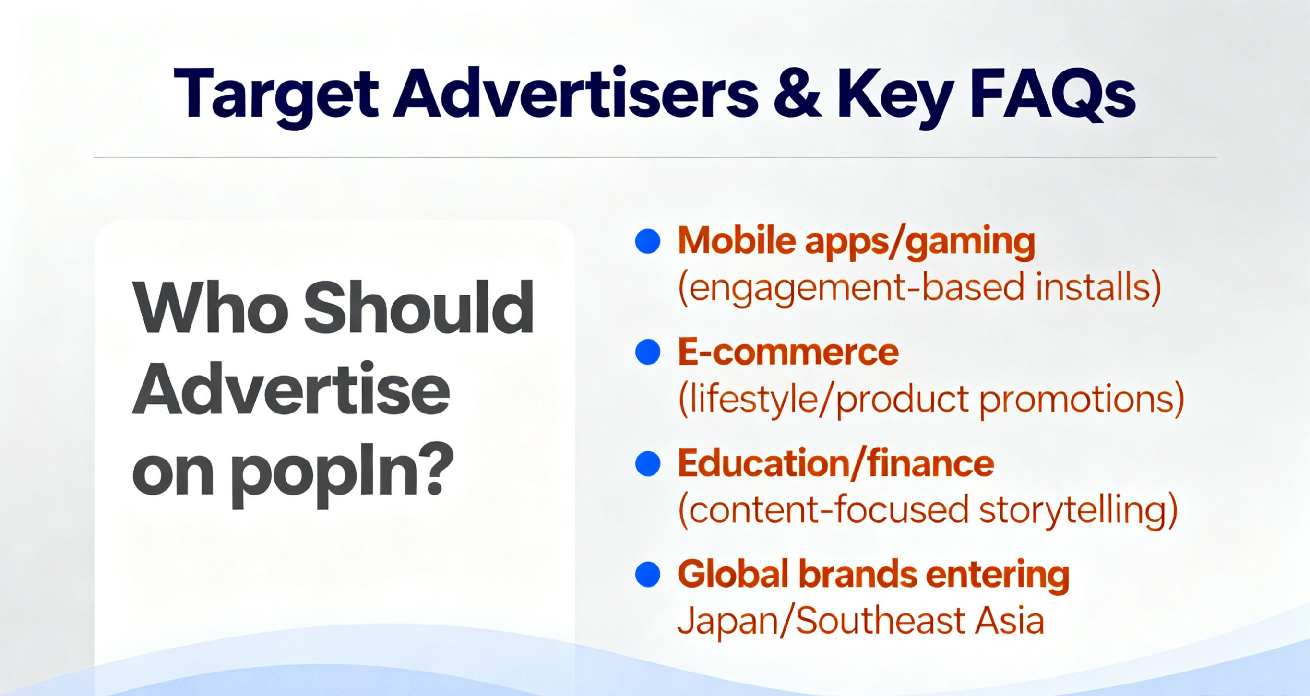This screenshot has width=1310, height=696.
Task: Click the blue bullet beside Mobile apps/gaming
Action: [648, 241]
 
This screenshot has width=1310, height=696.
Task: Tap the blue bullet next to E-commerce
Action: [648, 352]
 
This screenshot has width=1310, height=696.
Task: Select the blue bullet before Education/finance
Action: [648, 464]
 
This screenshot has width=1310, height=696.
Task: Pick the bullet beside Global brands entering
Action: [648, 575]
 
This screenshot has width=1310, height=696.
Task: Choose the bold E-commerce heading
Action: [788, 352]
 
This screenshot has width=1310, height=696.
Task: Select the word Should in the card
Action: [418, 307]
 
